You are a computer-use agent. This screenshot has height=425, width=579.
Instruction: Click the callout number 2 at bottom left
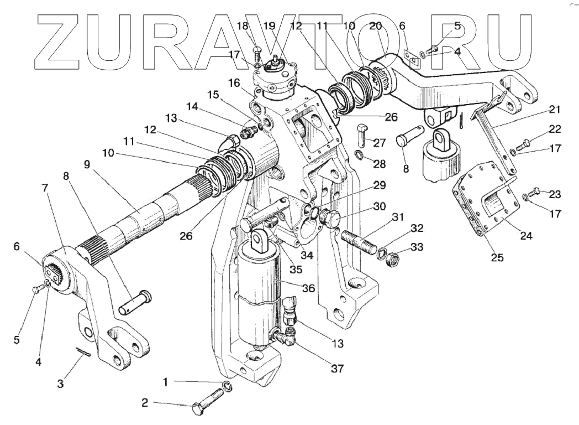pyautogui.click(x=145, y=403)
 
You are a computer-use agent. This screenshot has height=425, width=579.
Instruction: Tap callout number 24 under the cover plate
pyautogui.click(x=526, y=236)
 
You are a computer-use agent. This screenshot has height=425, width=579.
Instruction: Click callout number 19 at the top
pyautogui.click(x=285, y=26)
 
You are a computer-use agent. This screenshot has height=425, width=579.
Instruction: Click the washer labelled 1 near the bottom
pyautogui.click(x=228, y=386)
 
